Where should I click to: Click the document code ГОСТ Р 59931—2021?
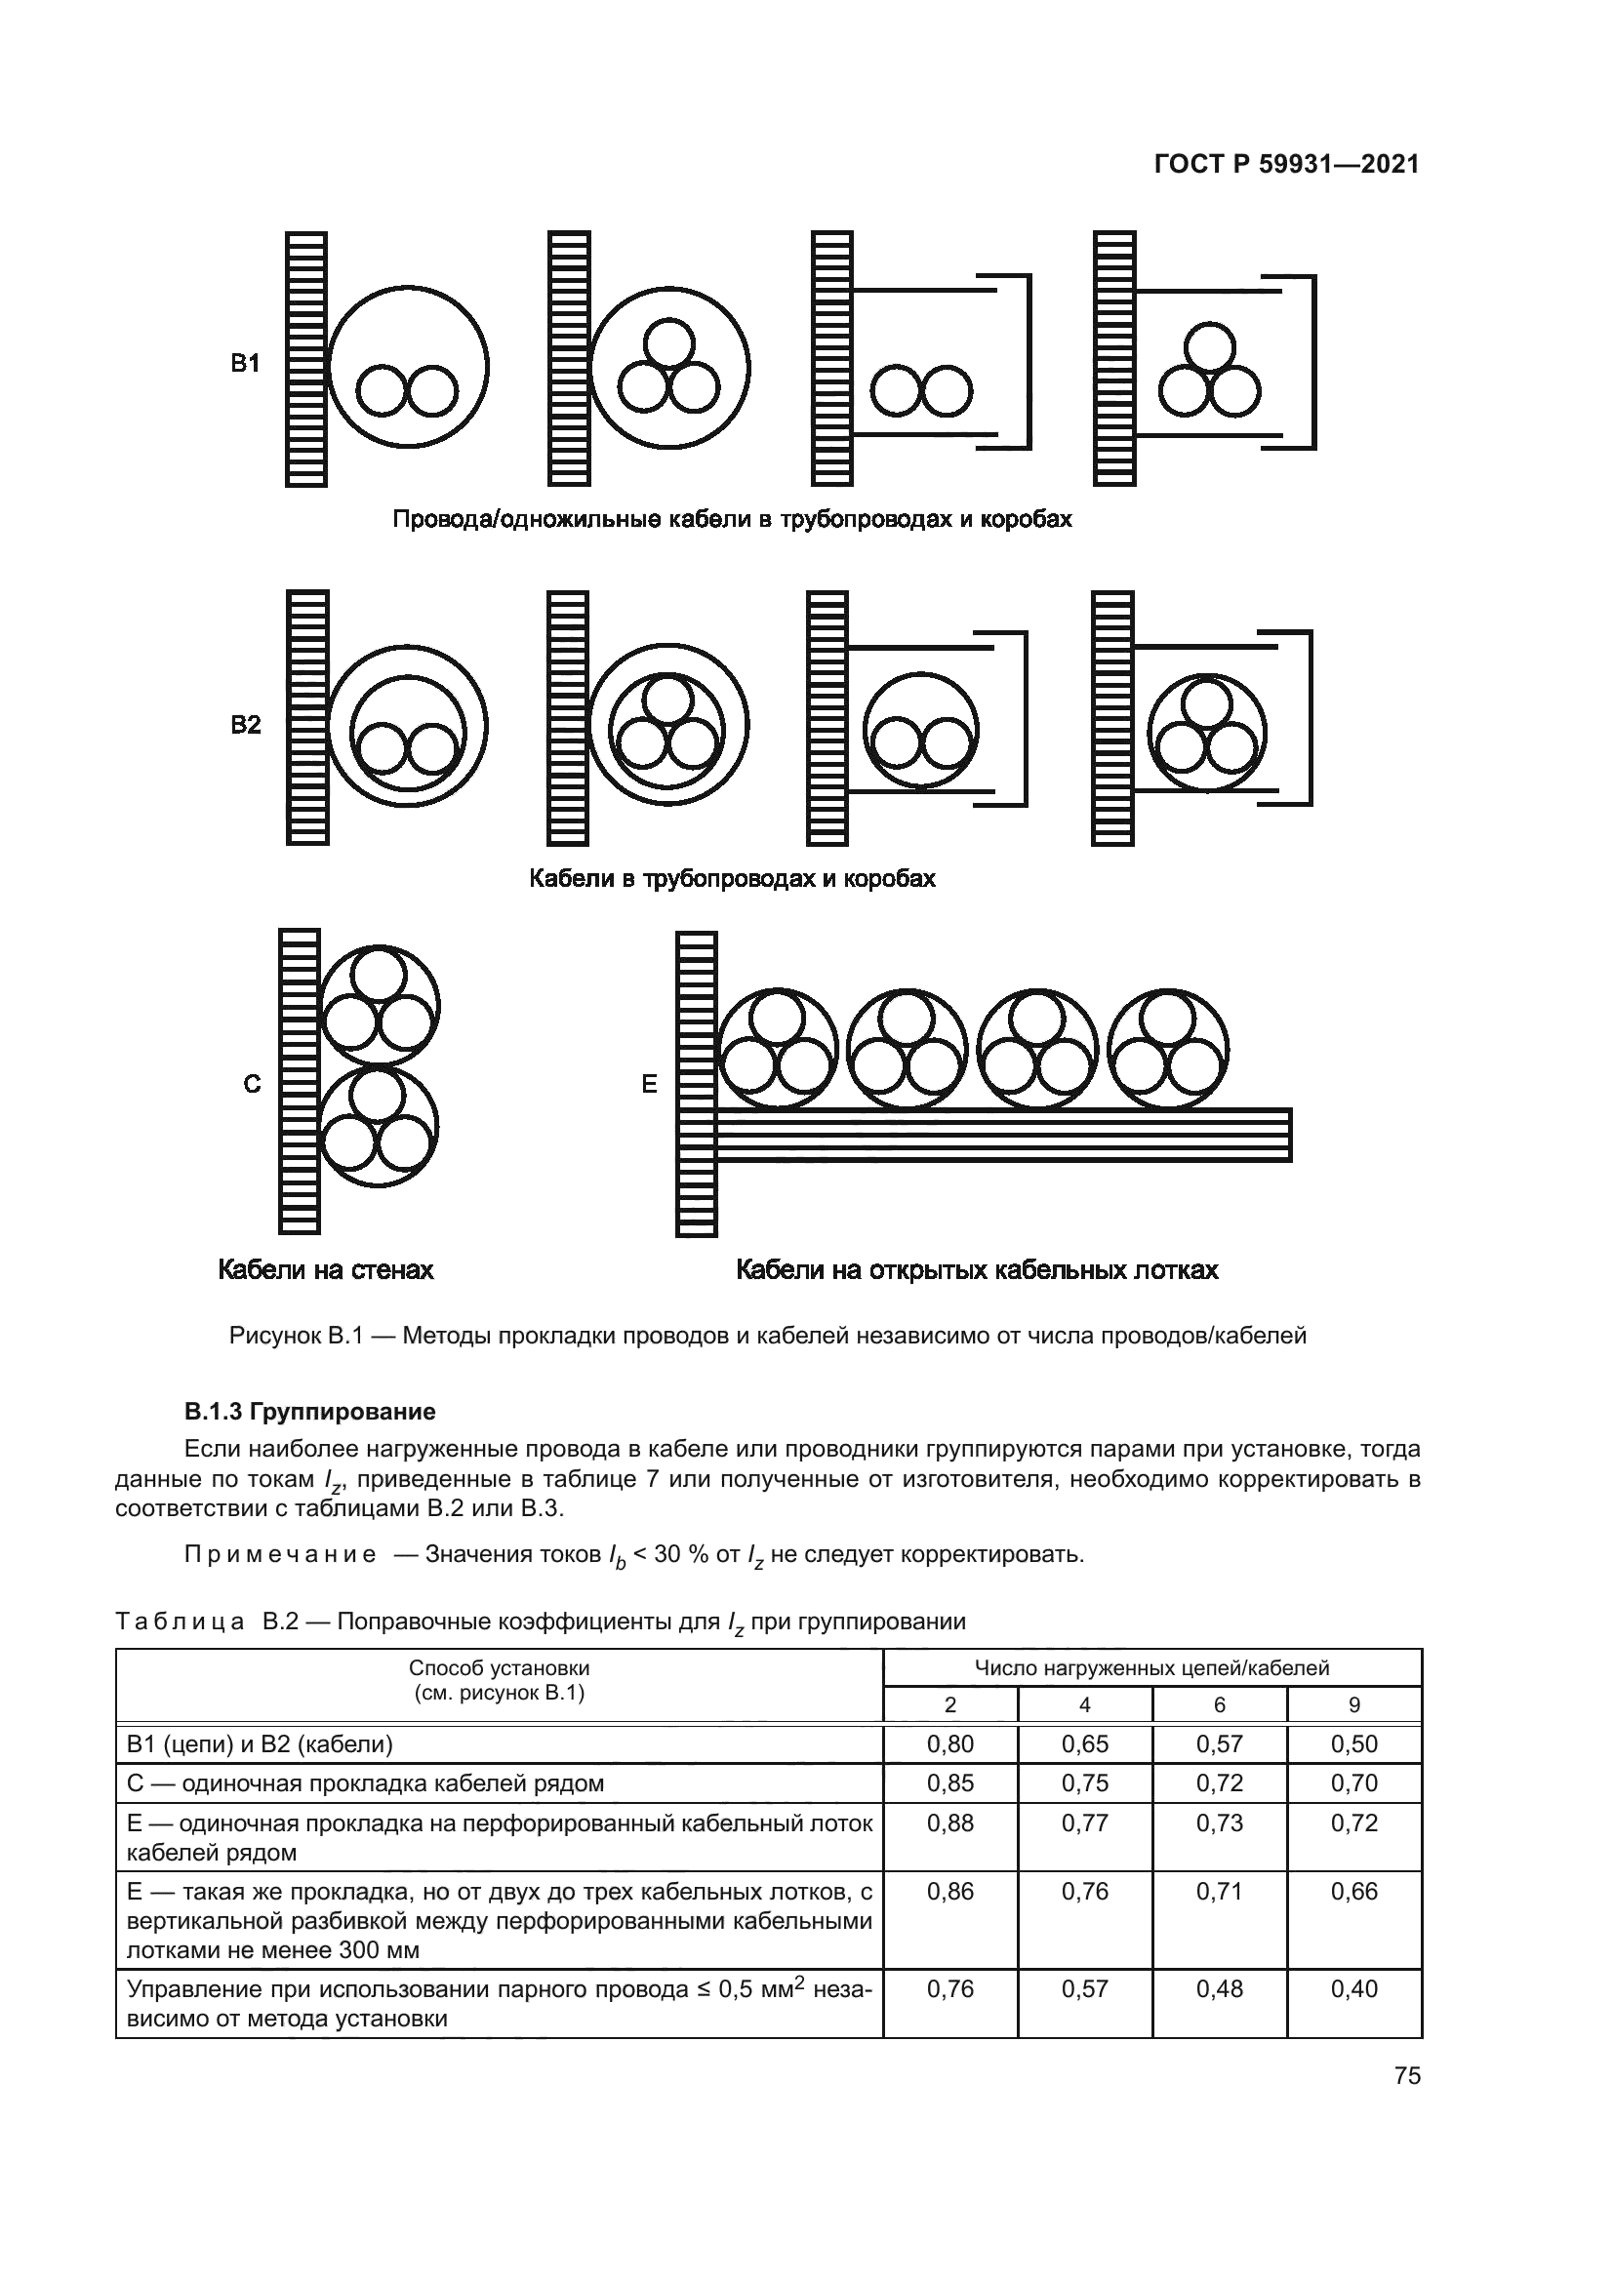coord(1286,164)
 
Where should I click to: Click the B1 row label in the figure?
coord(246,364)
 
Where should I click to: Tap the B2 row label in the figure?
coord(246,725)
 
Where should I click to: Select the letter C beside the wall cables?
coord(253,1084)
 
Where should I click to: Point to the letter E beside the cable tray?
coord(649,1084)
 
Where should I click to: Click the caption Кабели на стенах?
coord(326,1270)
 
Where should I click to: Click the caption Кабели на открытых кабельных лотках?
coord(977,1270)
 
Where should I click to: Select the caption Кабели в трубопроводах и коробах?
coord(732,879)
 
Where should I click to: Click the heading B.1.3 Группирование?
coord(309,1412)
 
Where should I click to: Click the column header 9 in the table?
coord(1353,1704)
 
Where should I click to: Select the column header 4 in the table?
coord(1084,1704)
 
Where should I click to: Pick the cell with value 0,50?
coord(1353,1744)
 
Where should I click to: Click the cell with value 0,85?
coord(950,1783)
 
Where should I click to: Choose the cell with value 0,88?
coord(950,1822)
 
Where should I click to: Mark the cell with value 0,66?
coord(1353,1892)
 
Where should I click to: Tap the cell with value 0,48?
coord(1220,1988)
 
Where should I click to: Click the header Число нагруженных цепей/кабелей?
coord(1151,1668)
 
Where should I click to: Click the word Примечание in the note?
coord(280,1554)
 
